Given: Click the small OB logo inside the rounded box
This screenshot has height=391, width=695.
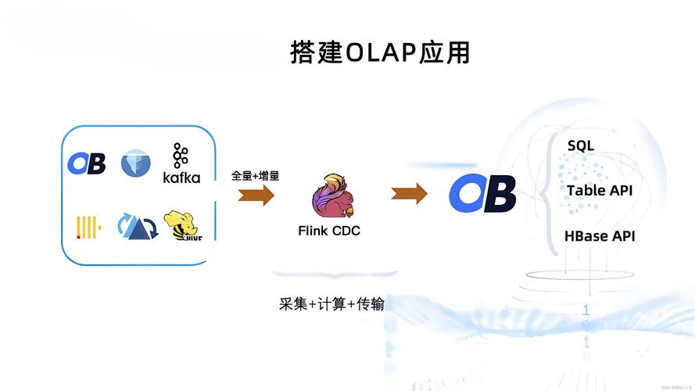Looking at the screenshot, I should (86, 163).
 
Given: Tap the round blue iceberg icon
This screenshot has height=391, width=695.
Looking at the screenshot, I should (135, 163).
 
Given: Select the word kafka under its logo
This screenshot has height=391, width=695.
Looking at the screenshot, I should (181, 178).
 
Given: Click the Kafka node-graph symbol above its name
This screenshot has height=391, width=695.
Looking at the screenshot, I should (181, 155).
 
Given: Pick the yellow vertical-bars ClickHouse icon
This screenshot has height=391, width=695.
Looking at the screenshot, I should (88, 227).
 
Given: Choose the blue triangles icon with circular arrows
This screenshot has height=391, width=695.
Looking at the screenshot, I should (137, 226).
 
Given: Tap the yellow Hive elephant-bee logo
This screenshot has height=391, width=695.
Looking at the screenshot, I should (182, 226).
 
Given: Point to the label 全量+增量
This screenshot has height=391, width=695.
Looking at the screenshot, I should (256, 176).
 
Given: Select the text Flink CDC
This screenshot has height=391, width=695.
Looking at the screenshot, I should (329, 231).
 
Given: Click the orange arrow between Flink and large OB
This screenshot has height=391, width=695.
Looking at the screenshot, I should (409, 192).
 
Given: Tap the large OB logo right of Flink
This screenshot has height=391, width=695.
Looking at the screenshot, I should (482, 193).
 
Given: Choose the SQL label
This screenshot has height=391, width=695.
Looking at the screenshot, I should (581, 145).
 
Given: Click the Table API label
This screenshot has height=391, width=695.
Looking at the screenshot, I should (600, 191).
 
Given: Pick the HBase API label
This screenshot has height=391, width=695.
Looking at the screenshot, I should (600, 235).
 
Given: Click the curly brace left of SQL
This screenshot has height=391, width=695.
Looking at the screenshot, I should (553, 192).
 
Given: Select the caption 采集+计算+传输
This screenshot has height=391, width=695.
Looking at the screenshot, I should (331, 303).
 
